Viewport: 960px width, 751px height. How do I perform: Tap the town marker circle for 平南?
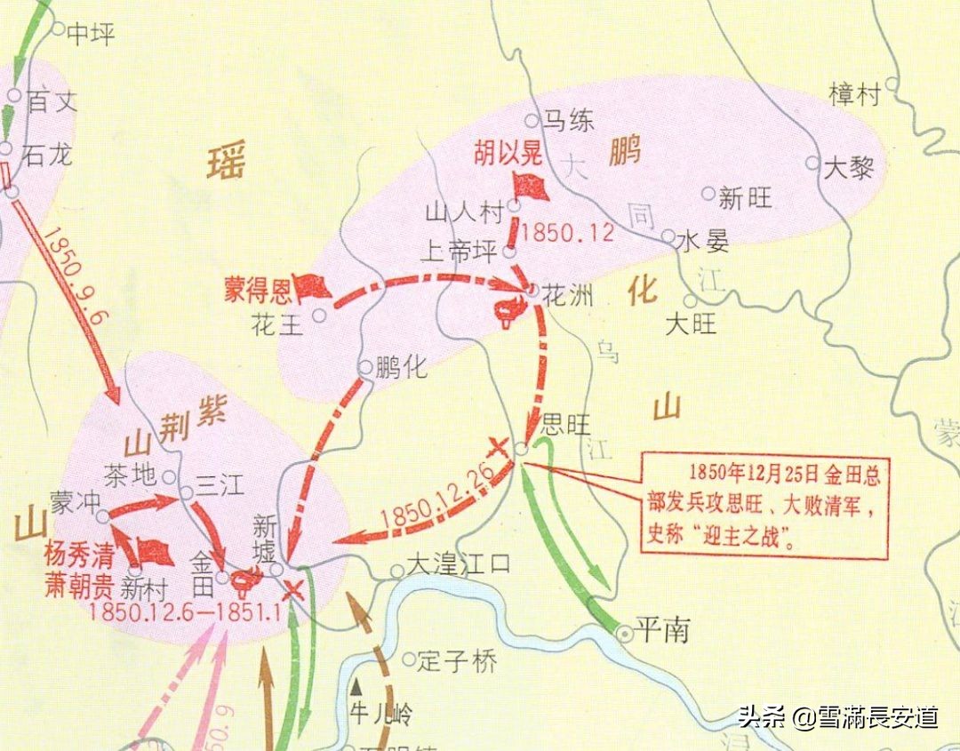click(626, 633)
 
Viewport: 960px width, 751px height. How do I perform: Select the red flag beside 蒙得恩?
click(313, 286)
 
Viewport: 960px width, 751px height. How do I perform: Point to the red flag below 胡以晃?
click(531, 186)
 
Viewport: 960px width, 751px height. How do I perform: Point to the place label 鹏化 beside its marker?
click(401, 367)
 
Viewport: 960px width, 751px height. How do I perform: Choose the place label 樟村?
click(853, 93)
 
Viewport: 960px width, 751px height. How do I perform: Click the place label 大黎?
click(849, 168)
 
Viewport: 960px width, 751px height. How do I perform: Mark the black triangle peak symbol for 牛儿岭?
click(357, 686)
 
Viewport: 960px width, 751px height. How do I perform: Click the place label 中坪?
click(91, 34)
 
